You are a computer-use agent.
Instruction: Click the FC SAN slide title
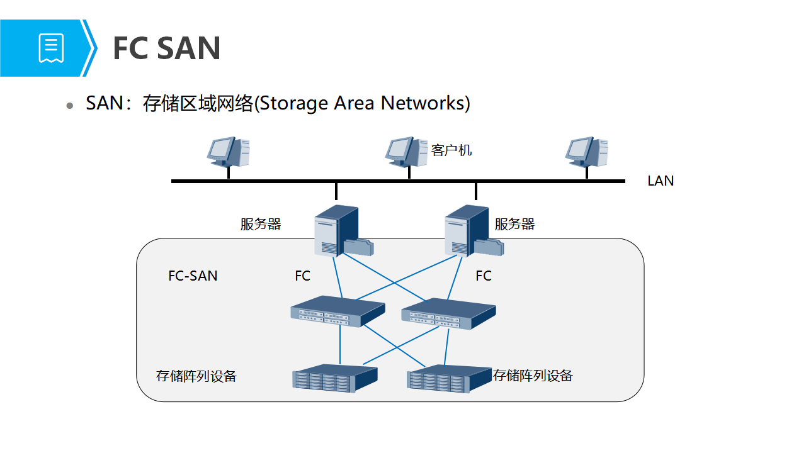pyautogui.click(x=166, y=48)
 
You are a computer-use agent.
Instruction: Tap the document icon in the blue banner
pyautogui.click(x=52, y=48)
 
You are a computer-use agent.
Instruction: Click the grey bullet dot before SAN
pyautogui.click(x=71, y=106)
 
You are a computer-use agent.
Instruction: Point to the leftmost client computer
pyautogui.click(x=229, y=152)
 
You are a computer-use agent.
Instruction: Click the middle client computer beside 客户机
pyautogui.click(x=406, y=152)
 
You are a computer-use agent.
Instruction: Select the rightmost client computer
pyautogui.click(x=586, y=152)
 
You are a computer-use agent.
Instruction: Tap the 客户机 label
pyautogui.click(x=451, y=150)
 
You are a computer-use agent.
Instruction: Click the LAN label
pyautogui.click(x=661, y=181)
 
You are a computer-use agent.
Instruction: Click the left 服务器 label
pyautogui.click(x=261, y=225)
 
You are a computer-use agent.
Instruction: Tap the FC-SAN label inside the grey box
pyautogui.click(x=193, y=276)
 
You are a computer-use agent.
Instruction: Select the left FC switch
pyautogui.click(x=337, y=311)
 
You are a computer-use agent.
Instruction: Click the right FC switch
pyautogui.click(x=448, y=313)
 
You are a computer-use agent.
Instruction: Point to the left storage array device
pyautogui.click(x=334, y=377)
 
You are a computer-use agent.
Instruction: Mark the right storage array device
pyautogui.click(x=448, y=379)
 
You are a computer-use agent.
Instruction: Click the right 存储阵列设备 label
pyautogui.click(x=533, y=376)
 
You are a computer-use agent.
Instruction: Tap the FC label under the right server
pyautogui.click(x=484, y=276)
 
